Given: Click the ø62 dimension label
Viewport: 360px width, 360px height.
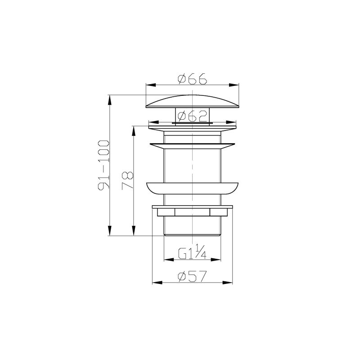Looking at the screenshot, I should point(192,116).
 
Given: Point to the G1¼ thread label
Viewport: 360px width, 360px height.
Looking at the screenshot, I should point(192,254).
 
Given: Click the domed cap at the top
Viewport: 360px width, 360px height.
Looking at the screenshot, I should point(192,101).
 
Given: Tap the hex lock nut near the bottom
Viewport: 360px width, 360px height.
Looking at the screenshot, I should point(192,211).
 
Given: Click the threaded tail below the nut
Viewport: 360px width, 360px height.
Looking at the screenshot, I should point(192,227).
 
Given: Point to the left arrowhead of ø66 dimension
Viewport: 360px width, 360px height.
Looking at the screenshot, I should point(148,85).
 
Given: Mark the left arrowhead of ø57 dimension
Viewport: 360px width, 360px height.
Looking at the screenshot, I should point(156,283).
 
